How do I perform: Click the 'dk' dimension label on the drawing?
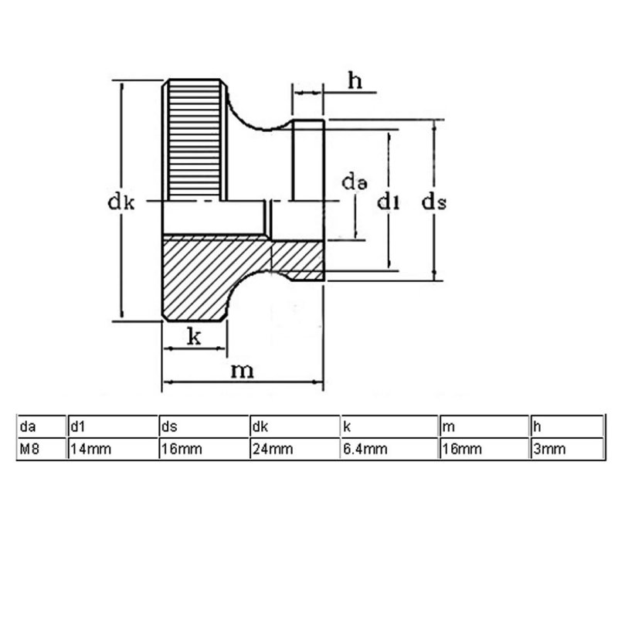[121, 202]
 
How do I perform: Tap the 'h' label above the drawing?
[355, 81]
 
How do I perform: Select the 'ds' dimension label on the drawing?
[434, 202]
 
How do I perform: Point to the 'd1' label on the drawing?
[389, 202]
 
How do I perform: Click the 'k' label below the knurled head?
[195, 336]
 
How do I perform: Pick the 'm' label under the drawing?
[242, 371]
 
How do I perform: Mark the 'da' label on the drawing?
[355, 182]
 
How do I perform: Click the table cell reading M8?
[29, 449]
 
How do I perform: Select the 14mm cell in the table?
[90, 449]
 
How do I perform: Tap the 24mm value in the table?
[273, 449]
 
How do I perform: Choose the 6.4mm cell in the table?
[365, 449]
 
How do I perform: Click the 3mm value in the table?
[549, 449]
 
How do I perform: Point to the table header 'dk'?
[260, 426]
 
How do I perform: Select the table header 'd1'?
[78, 426]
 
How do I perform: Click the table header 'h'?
[537, 426]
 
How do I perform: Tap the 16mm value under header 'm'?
[462, 449]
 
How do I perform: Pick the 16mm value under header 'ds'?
[182, 449]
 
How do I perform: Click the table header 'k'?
[347, 426]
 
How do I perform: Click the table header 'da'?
[28, 426]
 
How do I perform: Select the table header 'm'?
[449, 427]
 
